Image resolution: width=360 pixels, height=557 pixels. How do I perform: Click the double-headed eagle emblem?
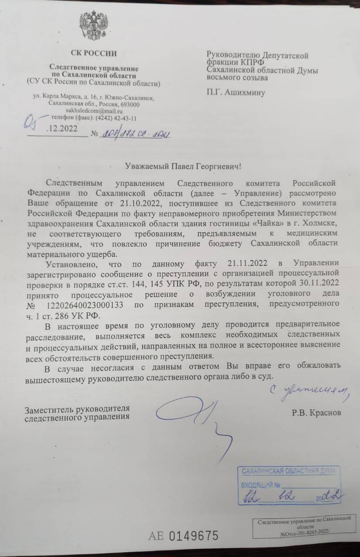pos(94,27)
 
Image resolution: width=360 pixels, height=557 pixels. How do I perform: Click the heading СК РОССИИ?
pos(94,54)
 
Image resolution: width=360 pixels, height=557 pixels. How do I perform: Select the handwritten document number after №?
pos(135,134)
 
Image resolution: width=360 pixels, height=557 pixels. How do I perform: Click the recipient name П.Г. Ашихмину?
pos(236,92)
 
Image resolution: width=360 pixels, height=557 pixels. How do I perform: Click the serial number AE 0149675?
pos(183,536)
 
